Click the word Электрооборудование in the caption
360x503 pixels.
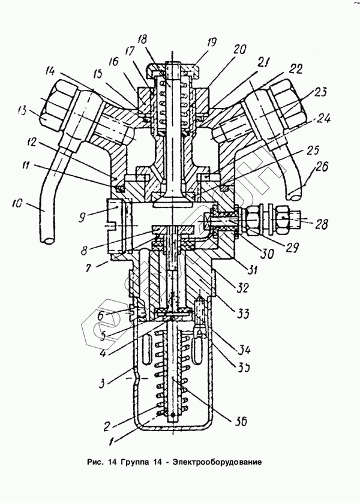coord(215,463)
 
